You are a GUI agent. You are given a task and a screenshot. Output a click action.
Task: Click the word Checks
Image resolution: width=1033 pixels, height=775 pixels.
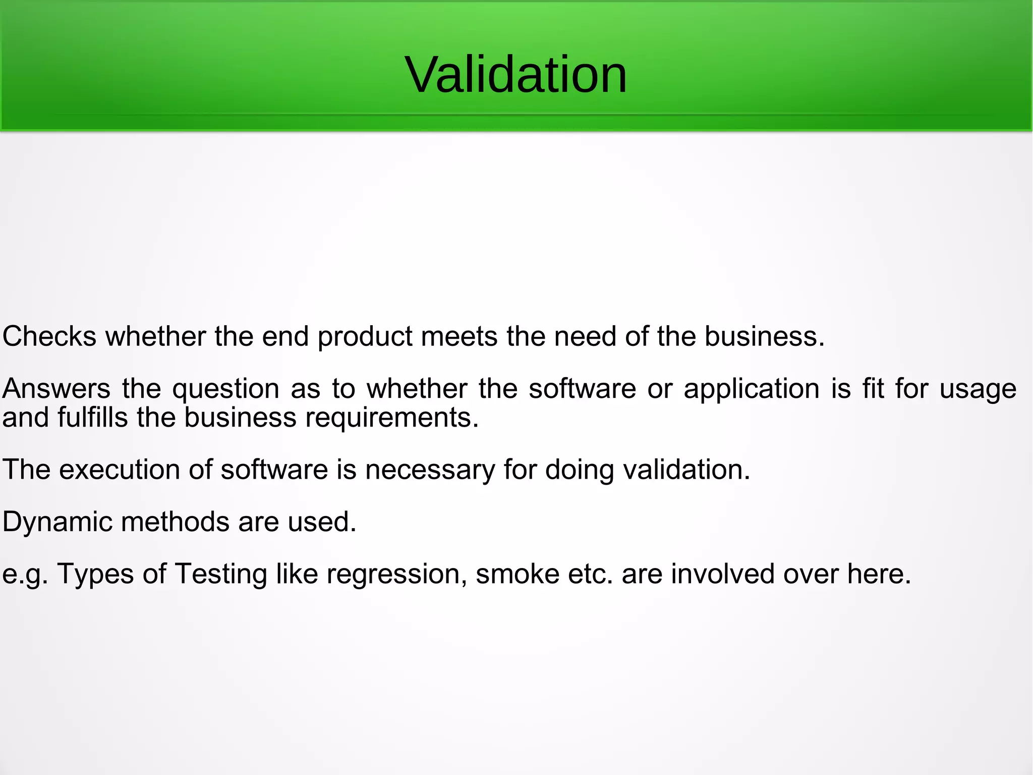coord(49,336)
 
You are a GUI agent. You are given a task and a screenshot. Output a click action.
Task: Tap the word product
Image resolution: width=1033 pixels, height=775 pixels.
coord(365,337)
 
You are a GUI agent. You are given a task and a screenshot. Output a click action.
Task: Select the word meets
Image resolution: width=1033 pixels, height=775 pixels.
coord(459,336)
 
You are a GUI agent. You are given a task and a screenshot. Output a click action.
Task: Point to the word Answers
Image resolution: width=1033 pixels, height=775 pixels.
coord(56,389)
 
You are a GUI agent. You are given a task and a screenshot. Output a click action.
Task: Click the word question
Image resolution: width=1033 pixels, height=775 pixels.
coord(225,390)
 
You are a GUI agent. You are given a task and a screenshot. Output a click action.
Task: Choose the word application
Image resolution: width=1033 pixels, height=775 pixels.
coord(751,390)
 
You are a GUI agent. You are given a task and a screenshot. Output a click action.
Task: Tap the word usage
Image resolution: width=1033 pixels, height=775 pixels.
coord(978,390)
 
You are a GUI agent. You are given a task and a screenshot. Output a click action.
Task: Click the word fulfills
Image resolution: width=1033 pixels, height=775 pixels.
coord(92,418)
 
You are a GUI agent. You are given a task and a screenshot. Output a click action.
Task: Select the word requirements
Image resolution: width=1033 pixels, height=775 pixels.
coord(391,419)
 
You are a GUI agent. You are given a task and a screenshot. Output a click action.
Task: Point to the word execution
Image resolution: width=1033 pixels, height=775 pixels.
coord(120,470)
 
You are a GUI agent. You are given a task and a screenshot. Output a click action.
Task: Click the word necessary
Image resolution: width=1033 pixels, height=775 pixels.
coord(430,471)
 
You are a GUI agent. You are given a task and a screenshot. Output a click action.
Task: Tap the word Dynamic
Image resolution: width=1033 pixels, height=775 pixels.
coord(57,522)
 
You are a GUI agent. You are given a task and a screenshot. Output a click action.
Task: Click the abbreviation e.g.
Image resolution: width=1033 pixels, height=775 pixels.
coord(25,575)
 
